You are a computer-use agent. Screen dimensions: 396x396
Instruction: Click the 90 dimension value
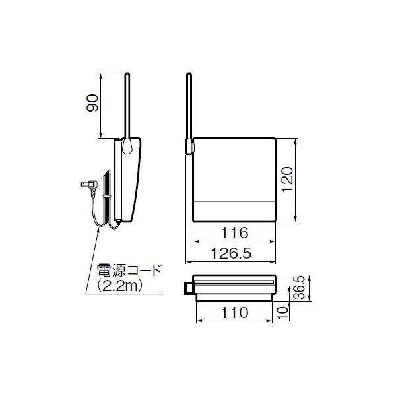point(92,103)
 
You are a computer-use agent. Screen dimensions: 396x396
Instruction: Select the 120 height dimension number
point(288,180)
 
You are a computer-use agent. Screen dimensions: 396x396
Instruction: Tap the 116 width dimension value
point(234,233)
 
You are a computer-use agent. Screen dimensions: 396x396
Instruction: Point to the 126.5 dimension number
point(232,253)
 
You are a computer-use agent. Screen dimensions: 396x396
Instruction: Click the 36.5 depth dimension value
point(300,288)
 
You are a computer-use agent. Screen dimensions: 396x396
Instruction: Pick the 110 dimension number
point(234,313)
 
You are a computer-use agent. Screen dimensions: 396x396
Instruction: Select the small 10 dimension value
point(282,312)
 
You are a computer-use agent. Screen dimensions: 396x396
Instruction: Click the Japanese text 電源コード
point(129,271)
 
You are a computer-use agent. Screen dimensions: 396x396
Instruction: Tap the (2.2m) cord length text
point(120,286)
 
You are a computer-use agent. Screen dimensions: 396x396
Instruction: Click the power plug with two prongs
point(89,185)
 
